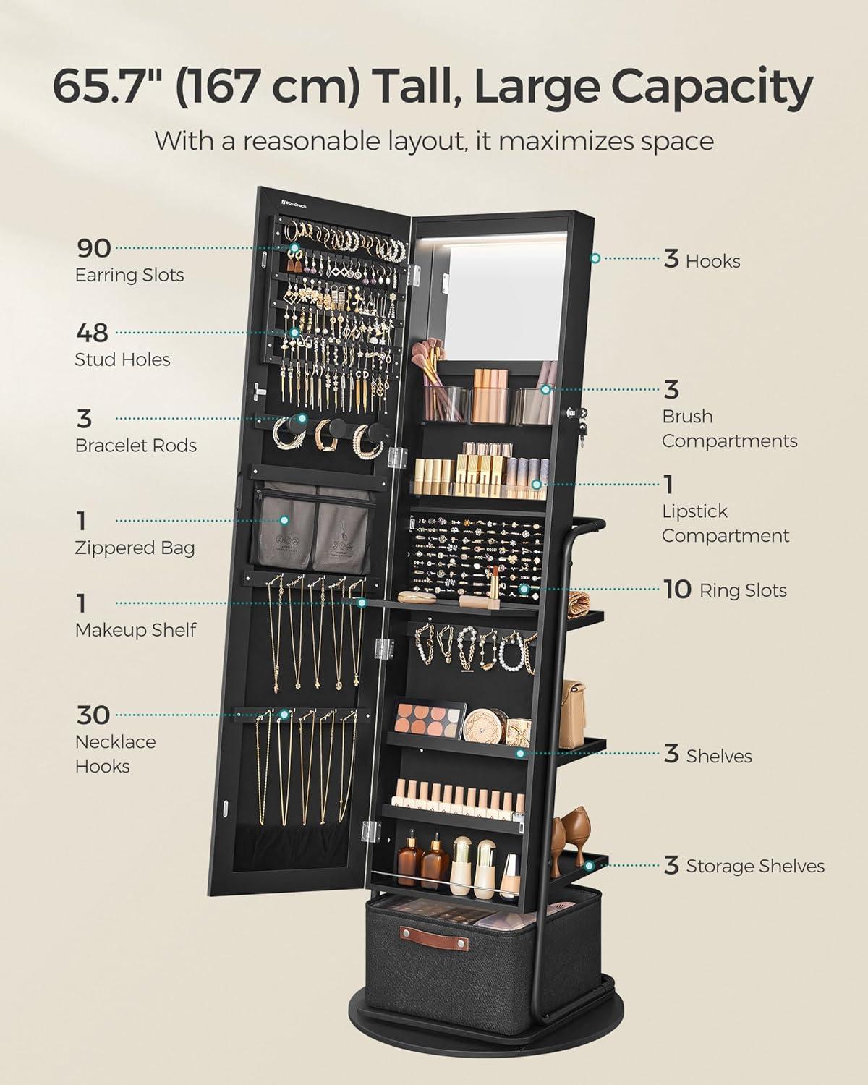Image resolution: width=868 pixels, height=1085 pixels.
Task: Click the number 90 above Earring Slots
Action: coord(94,248)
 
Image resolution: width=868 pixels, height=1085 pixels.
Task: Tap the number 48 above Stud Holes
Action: coord(93,333)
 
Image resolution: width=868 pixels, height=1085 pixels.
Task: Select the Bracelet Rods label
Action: coord(136,446)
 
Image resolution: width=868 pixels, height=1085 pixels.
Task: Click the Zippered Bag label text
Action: coord(135,548)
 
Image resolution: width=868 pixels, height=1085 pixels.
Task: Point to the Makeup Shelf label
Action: coord(135,630)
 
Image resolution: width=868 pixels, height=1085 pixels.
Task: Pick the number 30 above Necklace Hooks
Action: coord(93,715)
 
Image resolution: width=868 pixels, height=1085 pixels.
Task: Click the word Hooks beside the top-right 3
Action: coord(712,261)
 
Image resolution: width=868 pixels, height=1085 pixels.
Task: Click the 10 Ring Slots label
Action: coord(725,590)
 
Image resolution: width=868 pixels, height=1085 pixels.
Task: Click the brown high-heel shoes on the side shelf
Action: coord(571,841)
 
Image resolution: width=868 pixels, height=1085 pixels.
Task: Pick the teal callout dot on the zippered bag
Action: coord(284,520)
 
